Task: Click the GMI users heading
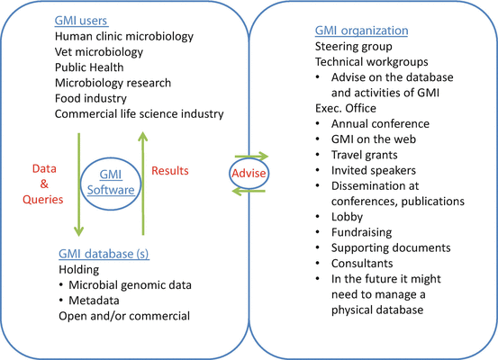point(81,21)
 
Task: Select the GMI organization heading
point(361,31)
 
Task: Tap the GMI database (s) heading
point(104,254)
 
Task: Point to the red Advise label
point(249,174)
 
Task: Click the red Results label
point(170,171)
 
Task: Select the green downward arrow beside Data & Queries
point(78,184)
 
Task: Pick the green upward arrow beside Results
point(143,184)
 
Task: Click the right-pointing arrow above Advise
point(251,157)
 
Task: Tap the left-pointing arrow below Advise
point(249,191)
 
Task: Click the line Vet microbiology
point(99,51)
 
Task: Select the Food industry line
point(91,98)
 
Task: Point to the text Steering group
point(354,46)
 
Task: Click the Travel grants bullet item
point(365,155)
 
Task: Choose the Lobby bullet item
point(347,217)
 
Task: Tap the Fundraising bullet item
point(361,232)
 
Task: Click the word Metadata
point(94,301)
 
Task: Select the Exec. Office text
point(346,108)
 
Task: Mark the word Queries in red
point(43,200)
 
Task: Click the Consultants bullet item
point(362,264)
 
